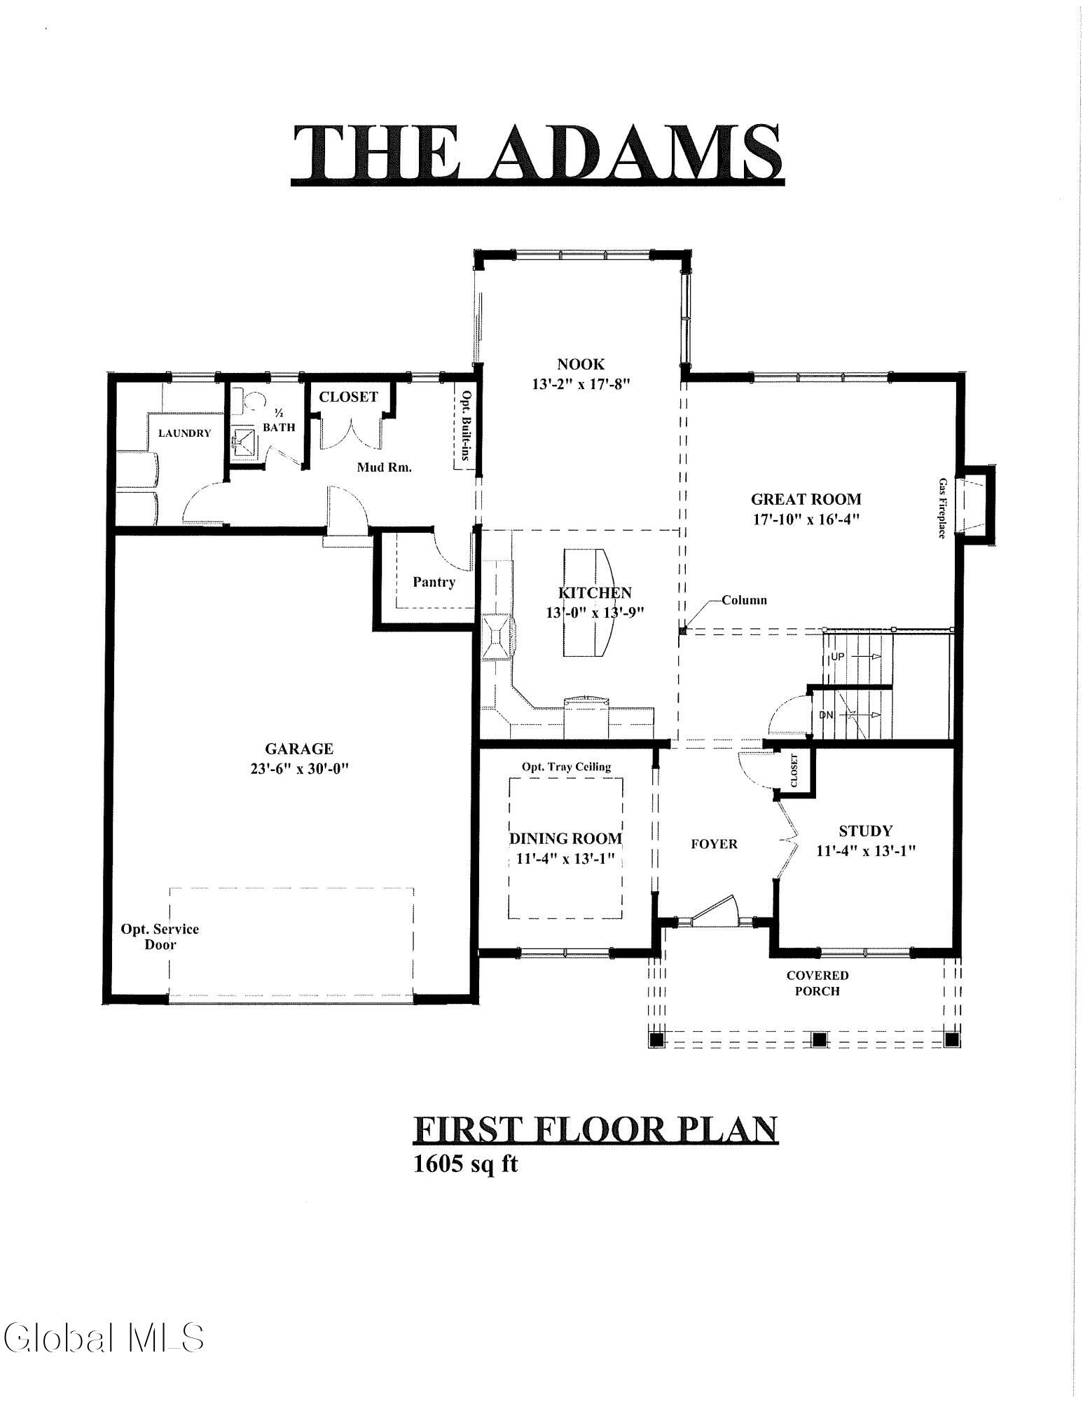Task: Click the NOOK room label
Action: click(x=580, y=364)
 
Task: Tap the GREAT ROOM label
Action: click(x=806, y=499)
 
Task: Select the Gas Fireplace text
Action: click(x=943, y=508)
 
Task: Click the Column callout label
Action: click(x=744, y=600)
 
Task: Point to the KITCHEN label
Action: click(x=595, y=593)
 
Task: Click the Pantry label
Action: click(x=434, y=582)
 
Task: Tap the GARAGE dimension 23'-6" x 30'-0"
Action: click(x=298, y=768)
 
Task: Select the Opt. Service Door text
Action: click(x=160, y=937)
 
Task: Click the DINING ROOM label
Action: click(x=565, y=838)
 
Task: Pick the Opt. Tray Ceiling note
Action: click(x=566, y=766)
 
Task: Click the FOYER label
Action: click(x=714, y=844)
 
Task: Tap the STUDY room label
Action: click(x=866, y=831)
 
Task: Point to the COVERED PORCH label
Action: click(x=818, y=983)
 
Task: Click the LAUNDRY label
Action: click(x=184, y=433)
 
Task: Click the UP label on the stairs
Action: click(x=838, y=657)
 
